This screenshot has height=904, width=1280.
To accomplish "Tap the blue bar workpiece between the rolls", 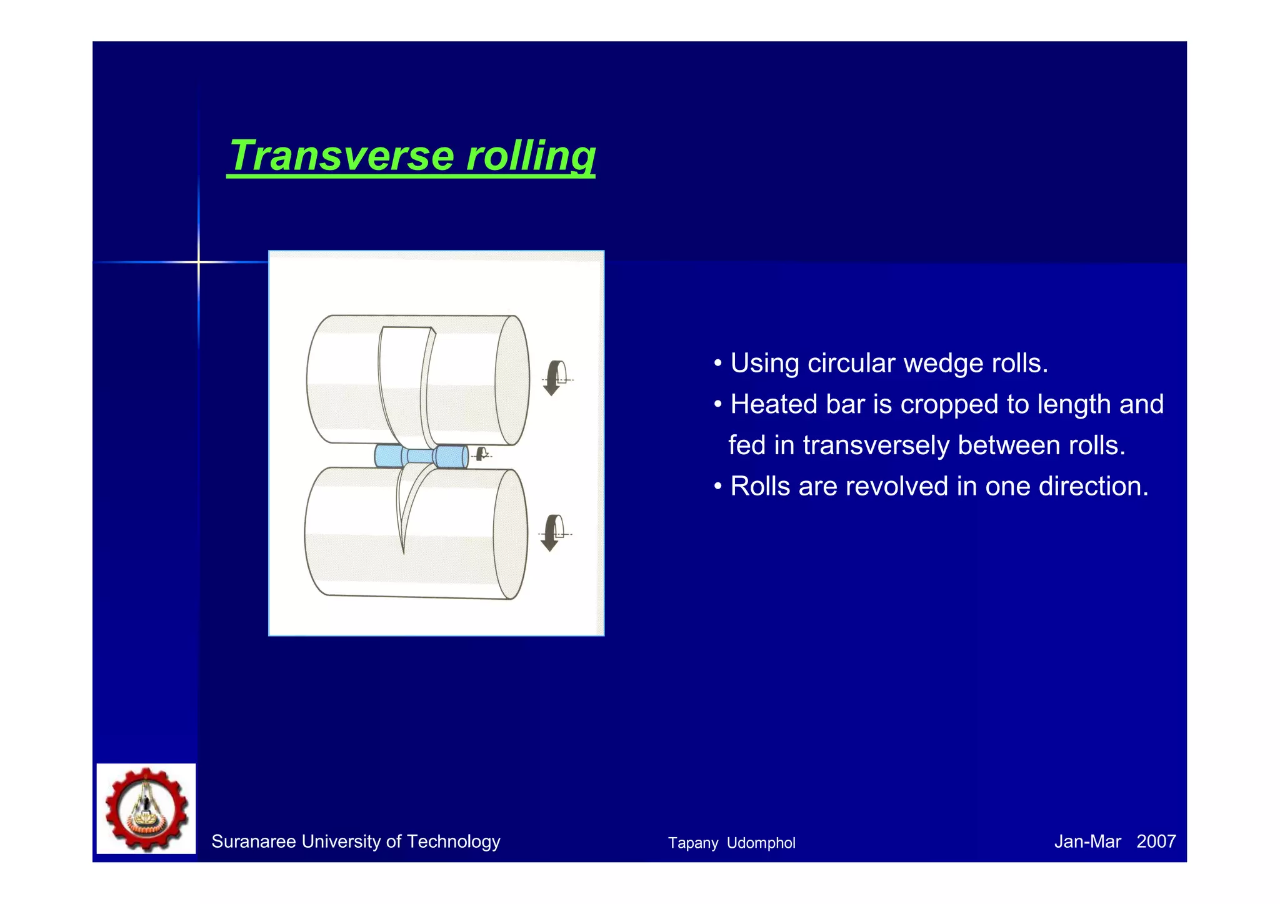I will (x=421, y=456).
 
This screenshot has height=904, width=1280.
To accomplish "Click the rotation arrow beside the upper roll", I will (x=554, y=378).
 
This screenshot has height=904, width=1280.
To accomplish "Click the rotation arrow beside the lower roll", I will (x=551, y=533).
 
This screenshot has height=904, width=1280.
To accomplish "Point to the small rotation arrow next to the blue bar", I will (x=481, y=454).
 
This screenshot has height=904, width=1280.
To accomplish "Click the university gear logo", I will (x=146, y=808).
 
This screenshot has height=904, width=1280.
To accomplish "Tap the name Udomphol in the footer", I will (x=761, y=843).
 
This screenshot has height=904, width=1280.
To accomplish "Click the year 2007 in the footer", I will (x=1156, y=842).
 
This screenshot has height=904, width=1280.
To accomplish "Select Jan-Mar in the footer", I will (x=1087, y=842).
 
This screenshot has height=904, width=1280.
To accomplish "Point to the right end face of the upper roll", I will (x=512, y=380).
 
